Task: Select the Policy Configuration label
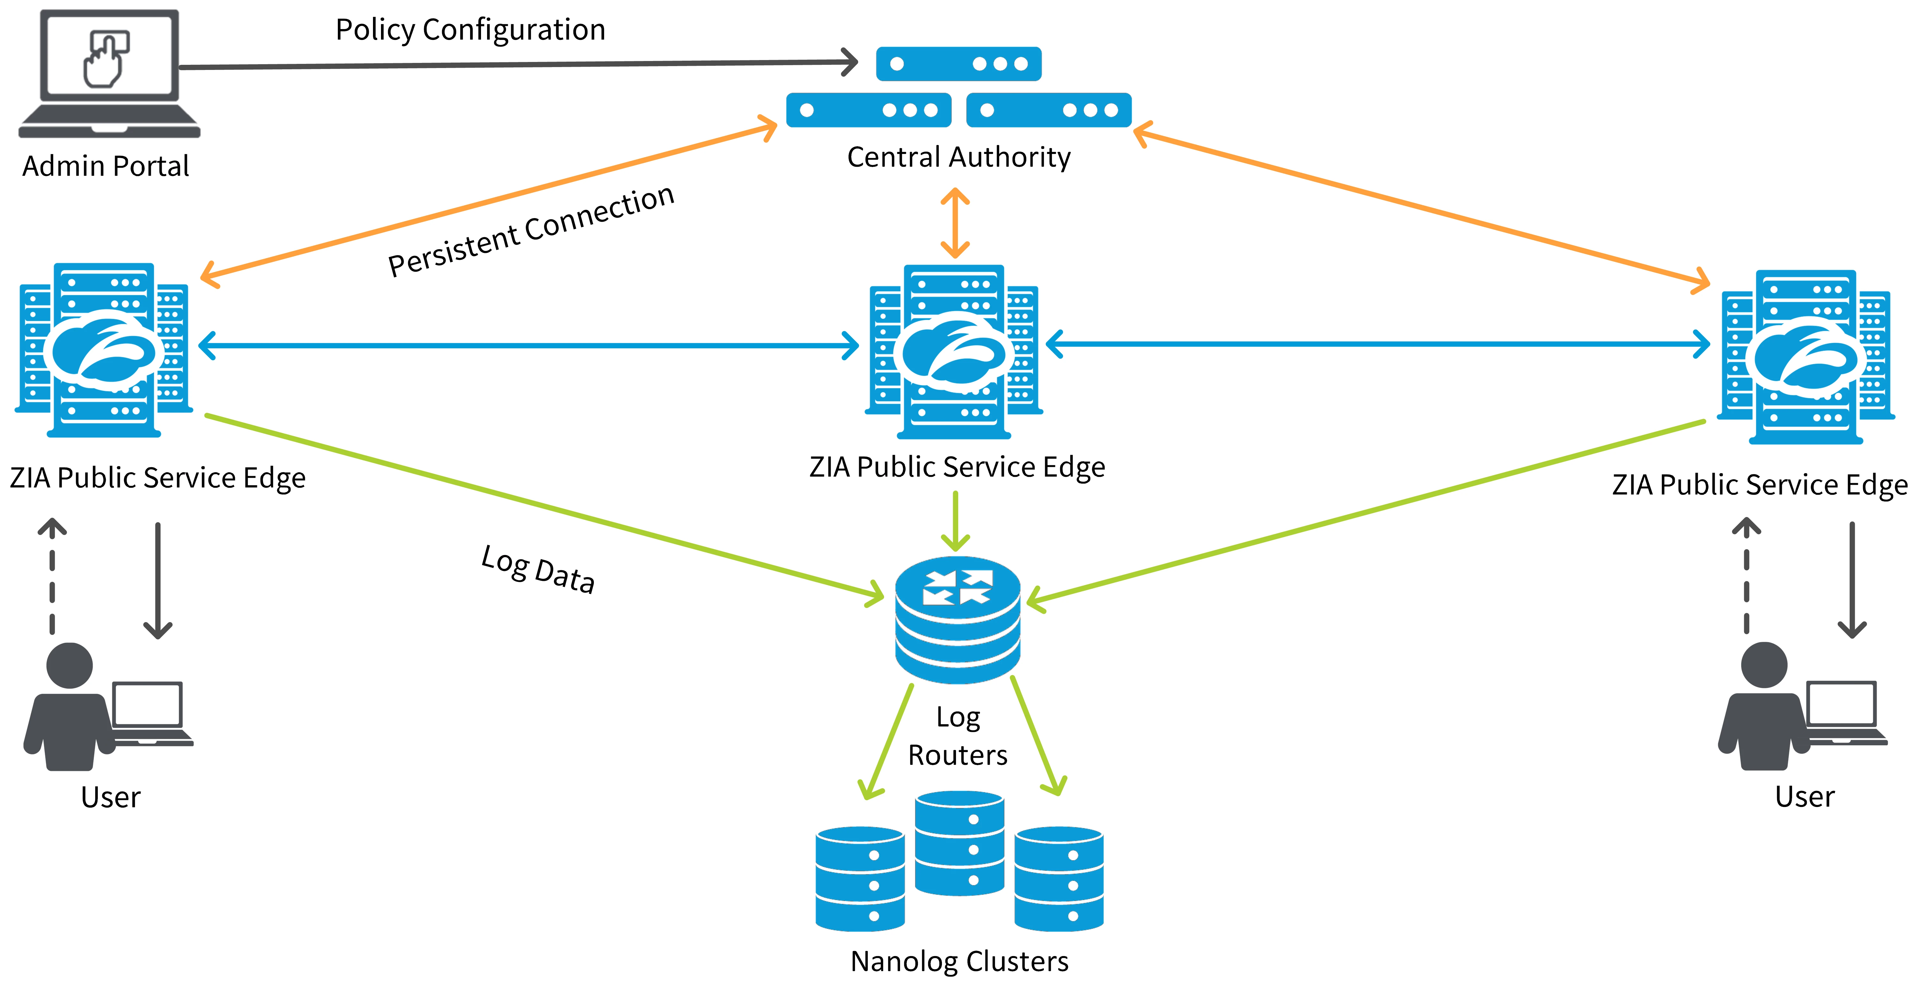click(x=470, y=30)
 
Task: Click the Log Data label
click(x=538, y=569)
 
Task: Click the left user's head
click(x=70, y=665)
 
